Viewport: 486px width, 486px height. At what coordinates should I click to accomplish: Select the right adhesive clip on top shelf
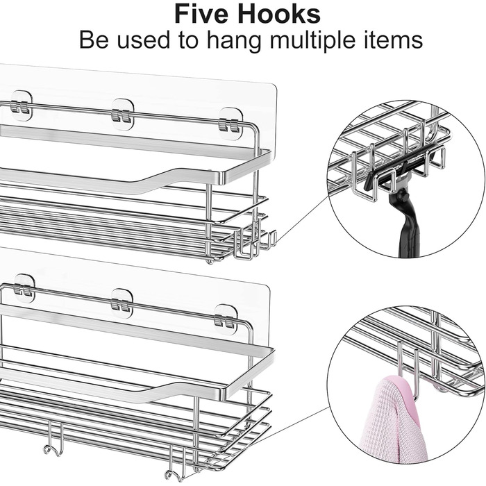coord(230,124)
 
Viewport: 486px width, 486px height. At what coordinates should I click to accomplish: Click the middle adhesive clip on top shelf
coord(122,114)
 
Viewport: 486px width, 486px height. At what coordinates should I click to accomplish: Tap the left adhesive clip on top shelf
coord(20,106)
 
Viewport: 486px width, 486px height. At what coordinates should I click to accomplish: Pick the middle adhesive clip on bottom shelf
coord(121,304)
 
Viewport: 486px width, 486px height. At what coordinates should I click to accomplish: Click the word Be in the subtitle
coord(94,40)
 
